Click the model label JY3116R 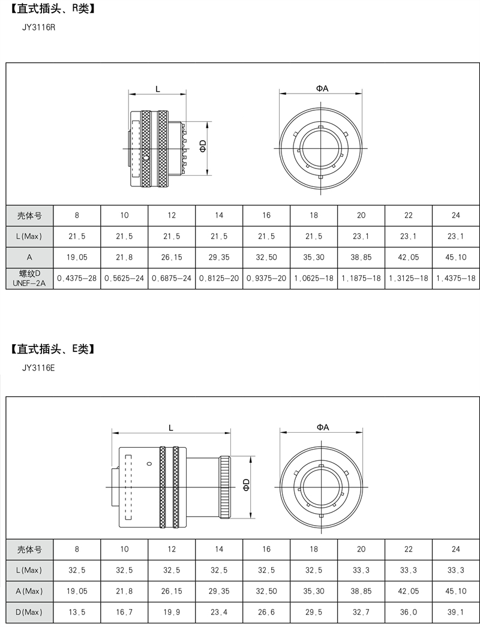(x=38, y=28)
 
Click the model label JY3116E (x=38, y=367)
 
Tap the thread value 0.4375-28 (x=77, y=278)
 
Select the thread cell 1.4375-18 (x=455, y=278)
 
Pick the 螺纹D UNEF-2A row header (x=29, y=278)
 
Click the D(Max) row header (x=29, y=612)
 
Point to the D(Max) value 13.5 (x=77, y=612)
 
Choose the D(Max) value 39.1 (x=455, y=612)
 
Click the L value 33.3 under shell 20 (x=361, y=570)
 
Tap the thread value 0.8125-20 (x=219, y=278)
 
